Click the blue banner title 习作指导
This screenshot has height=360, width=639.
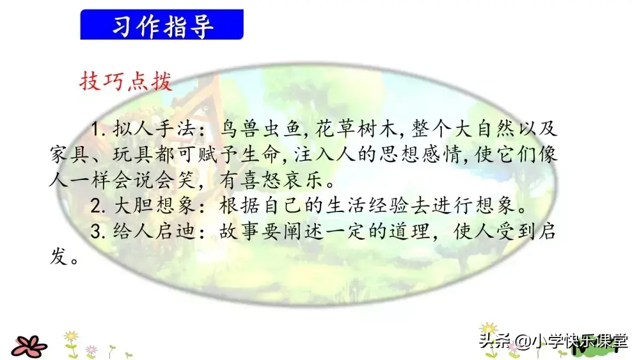[162, 25]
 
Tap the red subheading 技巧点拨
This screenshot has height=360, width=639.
[126, 81]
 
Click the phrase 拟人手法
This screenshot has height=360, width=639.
[153, 129]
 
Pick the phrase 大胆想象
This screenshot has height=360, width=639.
[153, 206]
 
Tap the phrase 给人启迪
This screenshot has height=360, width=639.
[153, 232]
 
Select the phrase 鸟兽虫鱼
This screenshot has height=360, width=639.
[261, 129]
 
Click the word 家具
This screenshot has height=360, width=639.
[69, 155]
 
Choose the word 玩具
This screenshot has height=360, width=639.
[133, 155]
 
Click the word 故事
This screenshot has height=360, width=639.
[240, 232]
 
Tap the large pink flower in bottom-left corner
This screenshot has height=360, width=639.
[29, 346]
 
